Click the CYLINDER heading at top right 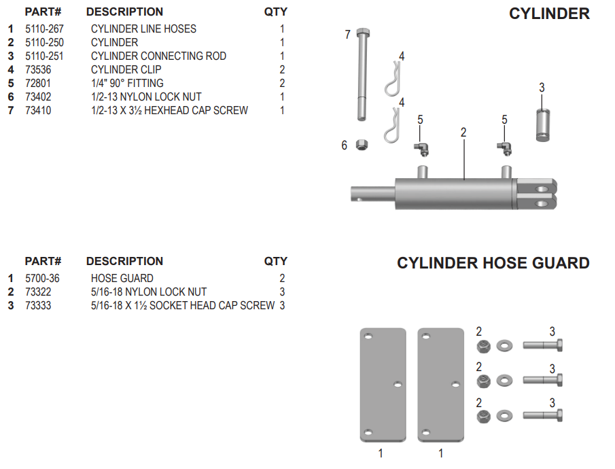(x=549, y=14)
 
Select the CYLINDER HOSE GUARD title (x=493, y=263)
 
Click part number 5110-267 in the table (x=44, y=29)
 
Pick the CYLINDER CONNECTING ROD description (x=158, y=56)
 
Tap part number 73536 (x=38, y=69)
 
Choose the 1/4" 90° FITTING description (x=127, y=83)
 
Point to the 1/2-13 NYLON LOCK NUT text (x=146, y=97)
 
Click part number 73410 (x=38, y=110)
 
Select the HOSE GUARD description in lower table (x=122, y=278)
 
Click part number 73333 (x=38, y=305)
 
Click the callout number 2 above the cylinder (x=463, y=133)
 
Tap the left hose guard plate (x=383, y=385)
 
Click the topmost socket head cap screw (x=542, y=345)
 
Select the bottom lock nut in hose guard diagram (x=482, y=415)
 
